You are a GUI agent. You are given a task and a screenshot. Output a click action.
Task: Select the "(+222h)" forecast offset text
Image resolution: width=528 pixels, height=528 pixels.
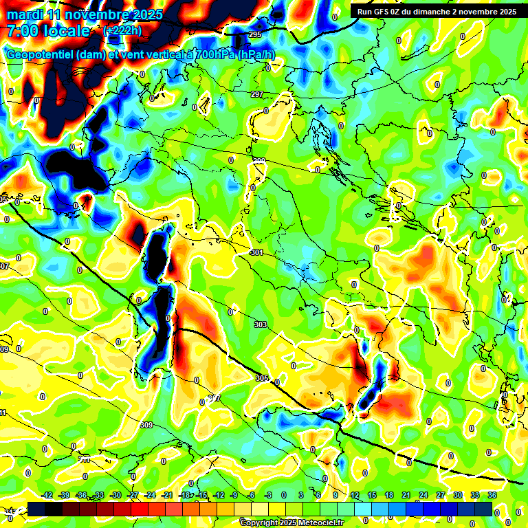pyautogui.click(x=124, y=31)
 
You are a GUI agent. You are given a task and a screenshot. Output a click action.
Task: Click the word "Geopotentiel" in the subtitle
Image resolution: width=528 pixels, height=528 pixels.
pyautogui.click(x=40, y=55)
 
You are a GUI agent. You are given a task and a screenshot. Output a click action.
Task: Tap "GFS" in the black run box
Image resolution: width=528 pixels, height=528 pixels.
pyautogui.click(x=388, y=12)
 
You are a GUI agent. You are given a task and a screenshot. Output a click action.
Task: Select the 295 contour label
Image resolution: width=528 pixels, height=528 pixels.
pyautogui.click(x=255, y=35)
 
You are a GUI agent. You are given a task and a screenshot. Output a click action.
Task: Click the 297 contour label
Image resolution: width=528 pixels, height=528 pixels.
pyautogui.click(x=257, y=94)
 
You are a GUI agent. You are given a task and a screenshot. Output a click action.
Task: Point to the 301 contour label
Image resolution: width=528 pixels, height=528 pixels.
pyautogui.click(x=257, y=253)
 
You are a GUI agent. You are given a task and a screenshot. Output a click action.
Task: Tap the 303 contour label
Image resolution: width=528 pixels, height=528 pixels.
pyautogui.click(x=261, y=324)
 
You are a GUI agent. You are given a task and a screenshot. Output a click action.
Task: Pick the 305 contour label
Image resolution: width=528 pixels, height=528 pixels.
pyautogui.click(x=262, y=378)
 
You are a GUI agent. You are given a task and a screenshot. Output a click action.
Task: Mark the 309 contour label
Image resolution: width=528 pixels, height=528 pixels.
pyautogui.click(x=146, y=425)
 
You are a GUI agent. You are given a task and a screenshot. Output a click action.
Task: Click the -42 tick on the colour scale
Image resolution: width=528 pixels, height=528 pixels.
pyautogui.click(x=47, y=495)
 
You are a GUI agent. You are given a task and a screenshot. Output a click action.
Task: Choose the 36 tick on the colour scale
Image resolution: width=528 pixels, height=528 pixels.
pyautogui.click(x=492, y=495)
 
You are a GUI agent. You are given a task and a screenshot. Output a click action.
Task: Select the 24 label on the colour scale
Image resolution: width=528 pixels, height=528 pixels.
pyautogui.click(x=423, y=495)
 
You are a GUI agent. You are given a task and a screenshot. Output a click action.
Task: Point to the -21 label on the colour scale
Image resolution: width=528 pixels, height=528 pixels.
pyautogui.click(x=167, y=495)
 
